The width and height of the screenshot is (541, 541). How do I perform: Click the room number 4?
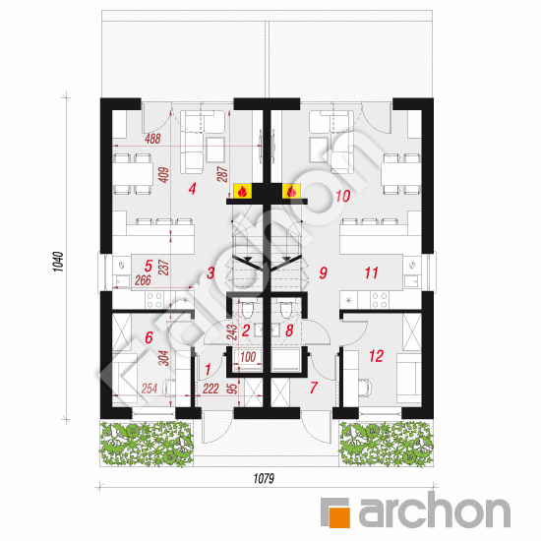click(193, 187)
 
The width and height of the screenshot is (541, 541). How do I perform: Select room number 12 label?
click(375, 356)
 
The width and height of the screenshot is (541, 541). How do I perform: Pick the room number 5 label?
click(148, 265)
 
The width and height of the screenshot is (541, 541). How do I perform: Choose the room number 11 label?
click(371, 272)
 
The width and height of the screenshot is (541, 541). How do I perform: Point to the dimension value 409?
click(164, 177)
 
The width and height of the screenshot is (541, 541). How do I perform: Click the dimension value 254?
click(149, 390)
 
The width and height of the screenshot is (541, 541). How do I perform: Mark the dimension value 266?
click(144, 279)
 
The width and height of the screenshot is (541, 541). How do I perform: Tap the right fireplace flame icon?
click(290, 191)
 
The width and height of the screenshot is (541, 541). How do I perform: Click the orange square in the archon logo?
click(338, 511)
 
